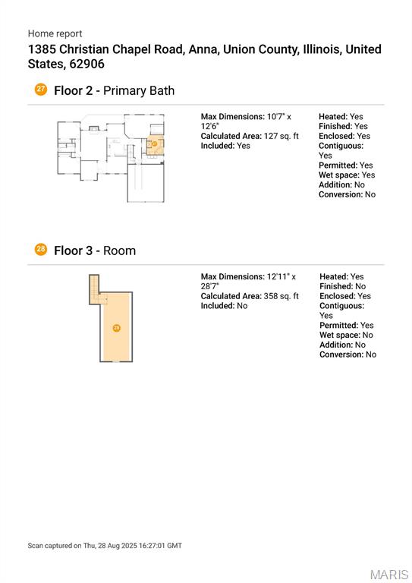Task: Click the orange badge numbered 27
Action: click(x=40, y=90)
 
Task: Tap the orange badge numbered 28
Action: click(x=40, y=250)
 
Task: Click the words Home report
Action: click(x=55, y=34)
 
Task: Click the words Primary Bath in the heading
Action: click(x=139, y=91)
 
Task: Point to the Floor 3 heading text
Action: click(x=73, y=251)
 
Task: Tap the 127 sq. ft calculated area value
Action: click(x=281, y=136)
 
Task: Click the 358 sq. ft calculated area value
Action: click(x=281, y=296)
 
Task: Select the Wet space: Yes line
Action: click(x=347, y=175)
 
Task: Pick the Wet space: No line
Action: click(x=346, y=335)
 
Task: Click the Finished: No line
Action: click(x=342, y=286)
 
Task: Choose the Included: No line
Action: click(x=224, y=306)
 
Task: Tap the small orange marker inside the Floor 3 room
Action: click(x=117, y=328)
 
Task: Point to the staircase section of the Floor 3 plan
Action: click(x=94, y=289)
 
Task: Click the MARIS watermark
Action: click(x=389, y=575)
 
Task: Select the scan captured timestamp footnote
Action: click(x=105, y=546)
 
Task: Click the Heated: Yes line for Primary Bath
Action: click(x=341, y=117)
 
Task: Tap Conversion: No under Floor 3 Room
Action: click(x=348, y=355)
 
